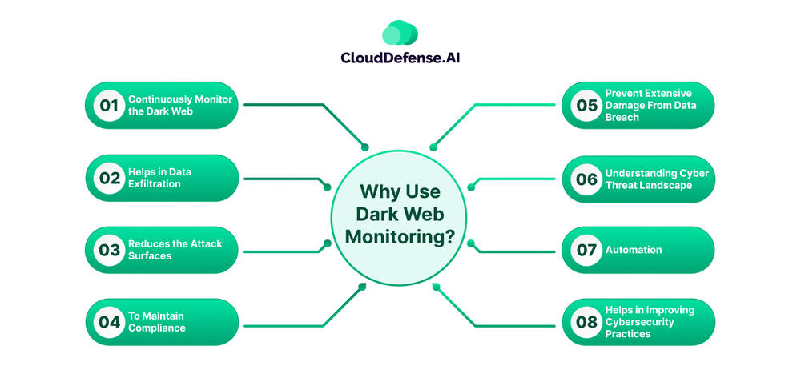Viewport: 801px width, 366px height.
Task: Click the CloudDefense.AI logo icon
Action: click(400, 33)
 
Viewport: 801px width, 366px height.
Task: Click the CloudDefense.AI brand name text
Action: click(400, 58)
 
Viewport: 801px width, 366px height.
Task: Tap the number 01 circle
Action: click(109, 105)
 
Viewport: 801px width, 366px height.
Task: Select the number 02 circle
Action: click(109, 178)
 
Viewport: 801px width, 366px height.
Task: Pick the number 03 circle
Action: click(109, 250)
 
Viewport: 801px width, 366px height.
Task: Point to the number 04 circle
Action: click(109, 322)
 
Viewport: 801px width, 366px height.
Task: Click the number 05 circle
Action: click(586, 105)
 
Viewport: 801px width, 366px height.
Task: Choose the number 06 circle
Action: click(586, 178)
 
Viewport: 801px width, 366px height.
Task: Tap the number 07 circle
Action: click(586, 250)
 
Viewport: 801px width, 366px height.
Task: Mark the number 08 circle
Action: click(586, 322)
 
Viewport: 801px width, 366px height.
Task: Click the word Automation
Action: click(634, 250)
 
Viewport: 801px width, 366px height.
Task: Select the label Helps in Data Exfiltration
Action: click(159, 178)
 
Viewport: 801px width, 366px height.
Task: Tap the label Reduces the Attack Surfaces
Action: click(175, 250)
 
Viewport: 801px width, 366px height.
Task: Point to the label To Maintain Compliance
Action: click(157, 322)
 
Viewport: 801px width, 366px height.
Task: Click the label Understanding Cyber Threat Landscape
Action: click(657, 179)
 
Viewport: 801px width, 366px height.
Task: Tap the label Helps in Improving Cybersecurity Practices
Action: click(650, 322)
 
